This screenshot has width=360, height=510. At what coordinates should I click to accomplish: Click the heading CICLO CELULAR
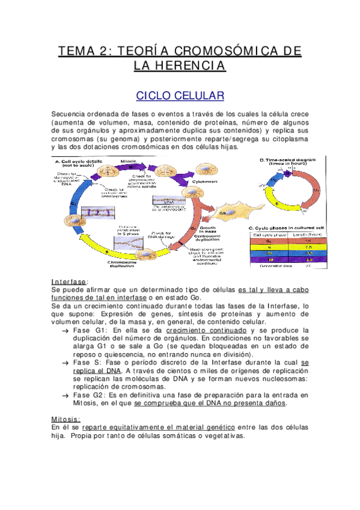(180, 96)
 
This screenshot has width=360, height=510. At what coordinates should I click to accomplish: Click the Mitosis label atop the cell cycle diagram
(128, 162)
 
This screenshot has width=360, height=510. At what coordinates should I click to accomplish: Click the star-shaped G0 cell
(224, 214)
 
